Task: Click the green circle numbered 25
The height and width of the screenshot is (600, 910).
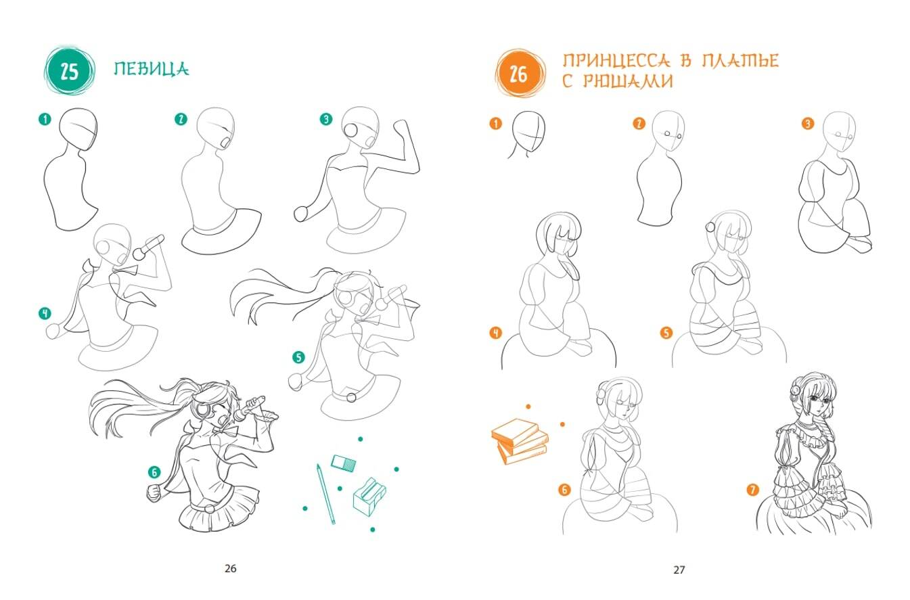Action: click(69, 71)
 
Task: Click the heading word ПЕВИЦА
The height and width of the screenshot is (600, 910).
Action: click(151, 69)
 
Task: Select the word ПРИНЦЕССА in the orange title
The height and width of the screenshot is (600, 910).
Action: click(616, 60)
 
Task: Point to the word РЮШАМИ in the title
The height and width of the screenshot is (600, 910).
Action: click(628, 81)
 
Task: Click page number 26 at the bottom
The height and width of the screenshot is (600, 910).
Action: click(230, 568)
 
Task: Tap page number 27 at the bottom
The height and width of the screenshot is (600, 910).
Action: click(679, 570)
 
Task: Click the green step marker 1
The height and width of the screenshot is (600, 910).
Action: click(45, 119)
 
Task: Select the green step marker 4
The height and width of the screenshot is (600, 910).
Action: click(45, 313)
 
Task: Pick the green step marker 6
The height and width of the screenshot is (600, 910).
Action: click(154, 472)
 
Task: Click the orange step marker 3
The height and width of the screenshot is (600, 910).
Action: click(808, 123)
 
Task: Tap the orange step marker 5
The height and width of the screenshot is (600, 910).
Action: click(666, 333)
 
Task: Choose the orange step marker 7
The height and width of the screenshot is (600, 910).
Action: click(753, 490)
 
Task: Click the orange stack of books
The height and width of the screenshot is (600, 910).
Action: click(520, 441)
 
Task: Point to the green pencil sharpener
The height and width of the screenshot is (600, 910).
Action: click(369, 497)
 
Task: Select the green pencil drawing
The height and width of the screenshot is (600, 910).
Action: click(326, 494)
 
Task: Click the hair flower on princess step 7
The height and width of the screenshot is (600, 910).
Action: click(795, 390)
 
